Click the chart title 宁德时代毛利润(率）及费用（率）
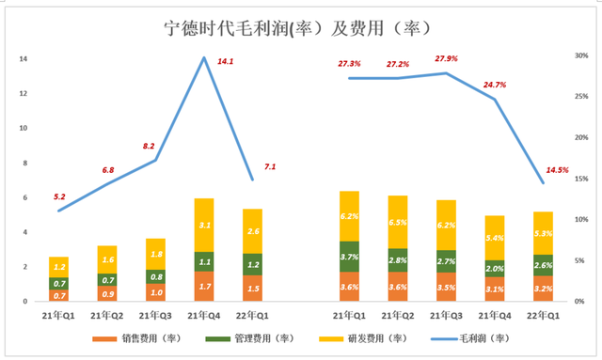coord(298,29)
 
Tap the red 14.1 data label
coord(226,61)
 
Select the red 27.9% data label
coord(446,58)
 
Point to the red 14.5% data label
coord(557,170)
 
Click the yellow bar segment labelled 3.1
coord(204,225)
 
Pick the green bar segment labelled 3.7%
coord(349,257)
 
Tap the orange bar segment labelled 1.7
coord(204,287)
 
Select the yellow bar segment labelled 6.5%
coord(398,222)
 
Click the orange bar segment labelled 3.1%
coord(495,289)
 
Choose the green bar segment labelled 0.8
coord(155,276)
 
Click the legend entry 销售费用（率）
coord(136,338)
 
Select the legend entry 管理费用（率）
coord(249,338)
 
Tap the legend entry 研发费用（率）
coord(363,338)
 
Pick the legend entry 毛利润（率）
coord(470,338)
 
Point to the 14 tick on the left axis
coord(24,58)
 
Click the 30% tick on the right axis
coord(581,55)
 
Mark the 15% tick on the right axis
coord(581,179)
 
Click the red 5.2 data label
coord(59,196)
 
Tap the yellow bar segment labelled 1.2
coord(58,267)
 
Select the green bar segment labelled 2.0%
coord(495,269)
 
